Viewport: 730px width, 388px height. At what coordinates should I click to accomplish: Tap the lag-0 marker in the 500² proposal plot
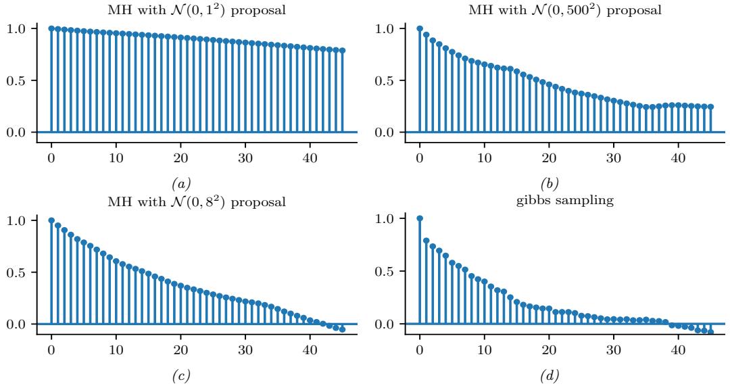(420, 28)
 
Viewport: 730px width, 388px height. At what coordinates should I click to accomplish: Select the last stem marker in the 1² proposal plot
(342, 50)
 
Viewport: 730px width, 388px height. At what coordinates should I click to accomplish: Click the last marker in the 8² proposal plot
(342, 329)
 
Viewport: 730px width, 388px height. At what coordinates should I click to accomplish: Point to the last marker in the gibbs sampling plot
(710, 331)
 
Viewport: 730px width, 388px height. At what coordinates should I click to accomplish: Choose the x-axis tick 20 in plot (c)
(180, 349)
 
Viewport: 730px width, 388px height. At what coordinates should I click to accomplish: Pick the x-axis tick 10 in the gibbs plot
(484, 349)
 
